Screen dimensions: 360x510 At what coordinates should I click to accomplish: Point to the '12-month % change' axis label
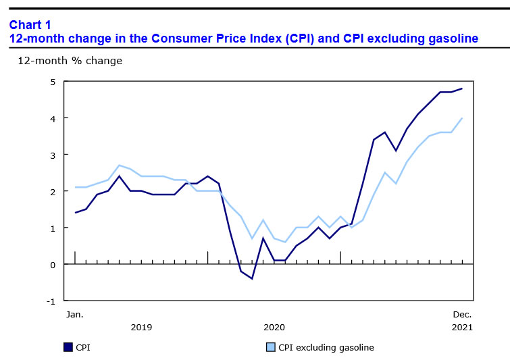point(70,61)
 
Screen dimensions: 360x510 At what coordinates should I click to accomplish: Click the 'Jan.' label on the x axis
point(74,314)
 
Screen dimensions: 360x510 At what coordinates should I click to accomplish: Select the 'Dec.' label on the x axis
point(461,314)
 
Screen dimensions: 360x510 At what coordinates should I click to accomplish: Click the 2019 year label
point(141,328)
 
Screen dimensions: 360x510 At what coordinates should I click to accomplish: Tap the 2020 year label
point(274,328)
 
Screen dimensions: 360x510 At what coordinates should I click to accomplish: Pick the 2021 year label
point(461,328)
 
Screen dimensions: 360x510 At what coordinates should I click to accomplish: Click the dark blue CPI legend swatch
point(68,347)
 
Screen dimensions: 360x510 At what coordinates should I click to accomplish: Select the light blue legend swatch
point(270,347)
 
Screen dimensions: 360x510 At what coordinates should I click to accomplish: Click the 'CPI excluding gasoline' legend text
point(326,348)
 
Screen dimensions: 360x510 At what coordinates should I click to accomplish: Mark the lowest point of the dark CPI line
point(252,278)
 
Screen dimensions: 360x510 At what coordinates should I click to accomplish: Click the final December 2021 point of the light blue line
point(461,118)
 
